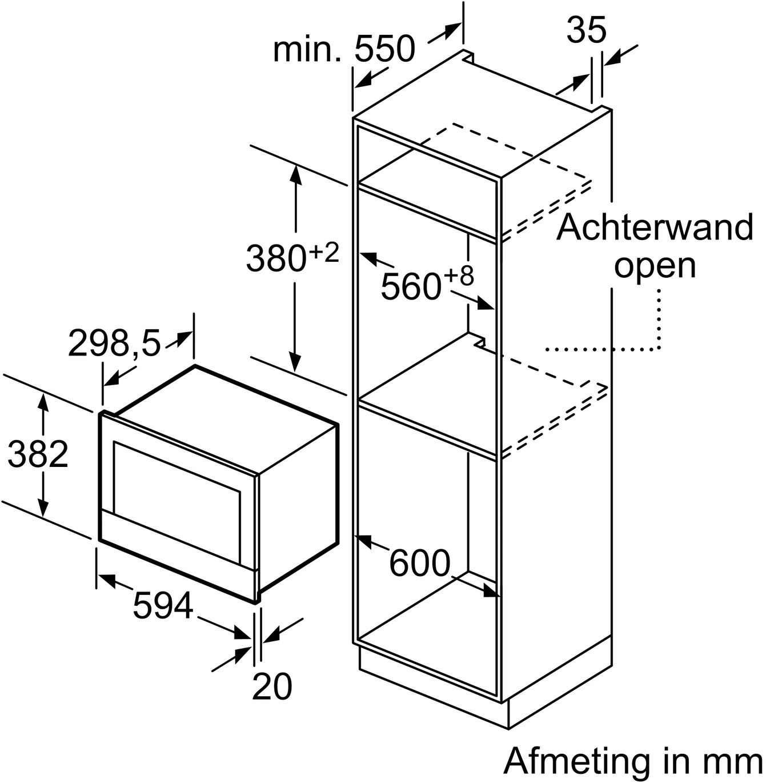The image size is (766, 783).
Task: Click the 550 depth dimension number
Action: click(x=384, y=49)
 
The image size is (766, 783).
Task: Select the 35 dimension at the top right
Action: click(x=586, y=30)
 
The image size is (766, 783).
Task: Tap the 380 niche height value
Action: click(x=275, y=258)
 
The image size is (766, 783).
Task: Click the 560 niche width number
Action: click(x=411, y=286)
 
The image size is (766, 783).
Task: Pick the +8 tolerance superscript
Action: click(x=459, y=276)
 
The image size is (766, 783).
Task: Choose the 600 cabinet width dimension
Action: click(x=420, y=562)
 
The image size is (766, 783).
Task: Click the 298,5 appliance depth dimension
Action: click(x=115, y=343)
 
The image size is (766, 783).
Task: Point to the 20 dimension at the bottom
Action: click(x=272, y=686)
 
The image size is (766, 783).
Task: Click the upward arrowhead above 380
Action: click(x=295, y=175)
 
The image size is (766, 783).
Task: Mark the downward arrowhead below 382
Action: click(x=43, y=506)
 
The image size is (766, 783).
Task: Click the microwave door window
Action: click(x=177, y=501)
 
